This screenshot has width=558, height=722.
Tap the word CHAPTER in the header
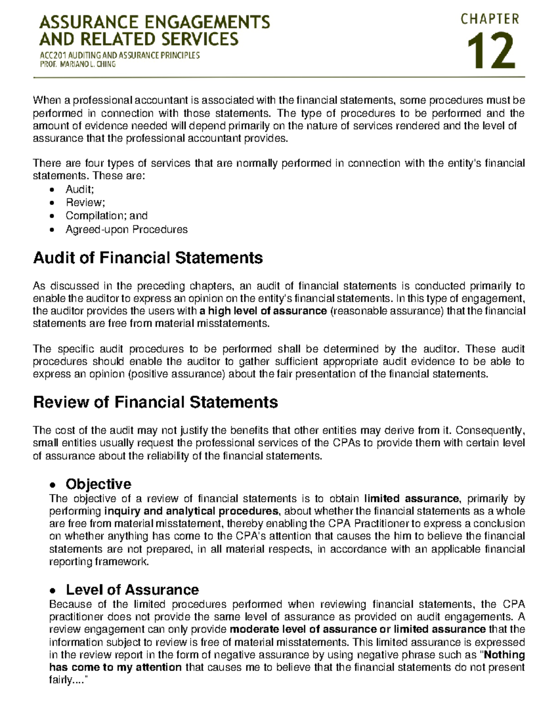tap(490, 19)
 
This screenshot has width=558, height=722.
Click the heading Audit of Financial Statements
tap(148, 258)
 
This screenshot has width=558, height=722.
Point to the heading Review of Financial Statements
tap(155, 402)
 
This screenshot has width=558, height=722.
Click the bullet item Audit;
tap(80, 189)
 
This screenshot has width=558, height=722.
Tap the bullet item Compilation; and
tap(106, 216)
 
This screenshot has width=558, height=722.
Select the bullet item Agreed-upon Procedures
tap(126, 229)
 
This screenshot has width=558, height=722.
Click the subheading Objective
tap(99, 484)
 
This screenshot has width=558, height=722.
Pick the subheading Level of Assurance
tap(132, 590)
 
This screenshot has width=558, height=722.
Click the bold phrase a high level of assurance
tap(263, 311)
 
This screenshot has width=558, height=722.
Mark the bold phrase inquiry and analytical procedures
tap(192, 511)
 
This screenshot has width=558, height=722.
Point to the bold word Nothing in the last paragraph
tap(505, 655)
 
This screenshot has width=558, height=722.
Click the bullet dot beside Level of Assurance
tap(53, 591)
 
